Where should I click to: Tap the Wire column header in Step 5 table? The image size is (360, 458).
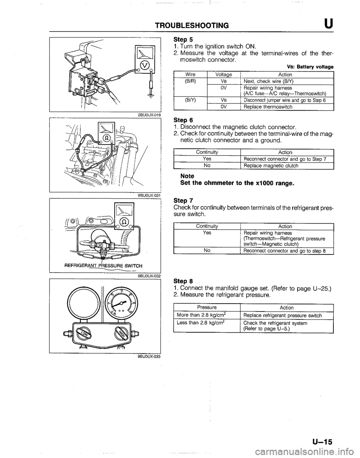(x=190, y=74)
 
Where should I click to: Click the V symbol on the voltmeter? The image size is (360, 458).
(x=143, y=67)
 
